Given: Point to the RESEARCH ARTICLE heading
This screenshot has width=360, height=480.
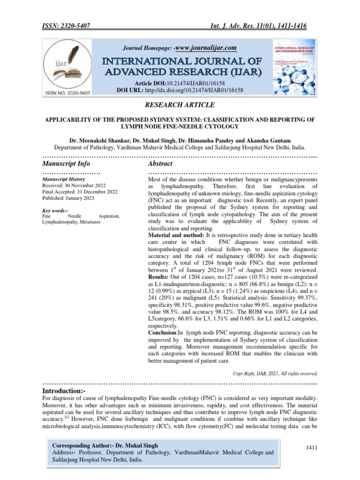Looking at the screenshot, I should point(180,106).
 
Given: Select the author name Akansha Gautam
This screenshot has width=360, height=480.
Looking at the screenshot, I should point(270,140).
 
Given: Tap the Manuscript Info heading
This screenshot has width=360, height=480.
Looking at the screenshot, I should point(66,164).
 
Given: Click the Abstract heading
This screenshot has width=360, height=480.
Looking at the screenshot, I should point(160,164).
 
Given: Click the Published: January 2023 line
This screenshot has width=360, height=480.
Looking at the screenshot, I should point(68,198).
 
